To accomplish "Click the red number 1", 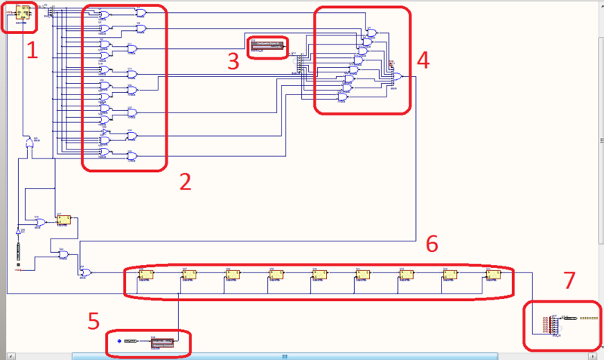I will click(x=32, y=51).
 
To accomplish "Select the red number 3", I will click(x=234, y=60).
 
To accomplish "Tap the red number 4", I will click(x=423, y=60).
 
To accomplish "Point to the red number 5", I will click(x=93, y=322).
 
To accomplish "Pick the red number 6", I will click(x=432, y=243).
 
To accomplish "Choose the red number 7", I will click(x=569, y=281).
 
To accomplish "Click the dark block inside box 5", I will click(x=162, y=343).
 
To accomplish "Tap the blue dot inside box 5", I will click(x=119, y=342).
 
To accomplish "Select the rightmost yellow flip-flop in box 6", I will click(x=494, y=274).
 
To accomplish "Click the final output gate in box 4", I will click(x=395, y=76).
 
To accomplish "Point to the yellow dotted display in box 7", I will click(x=588, y=318).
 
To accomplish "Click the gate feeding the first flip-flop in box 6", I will click(x=86, y=272).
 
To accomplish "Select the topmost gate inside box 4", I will click(x=371, y=32).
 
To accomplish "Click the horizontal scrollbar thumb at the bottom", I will click(x=285, y=355).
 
